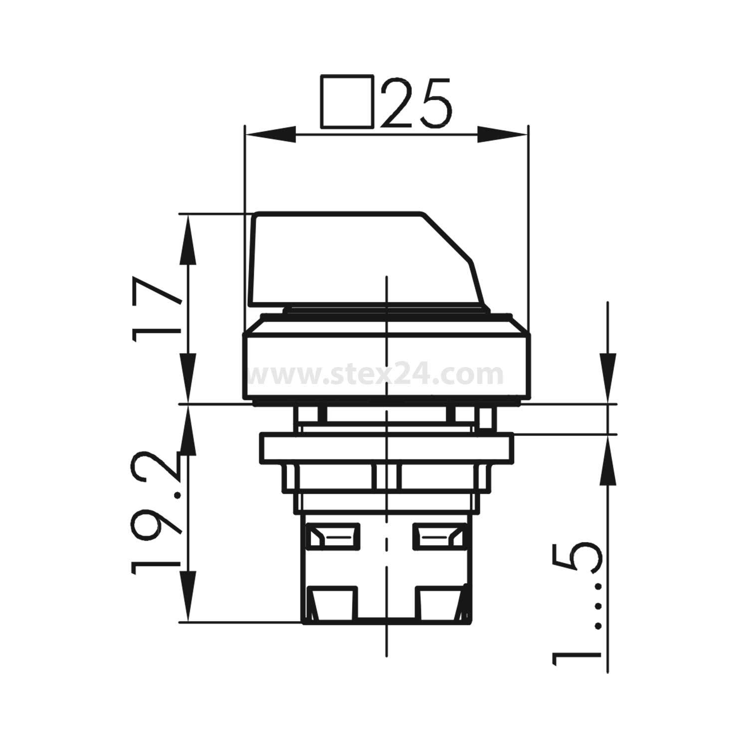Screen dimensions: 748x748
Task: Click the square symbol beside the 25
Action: (347, 102)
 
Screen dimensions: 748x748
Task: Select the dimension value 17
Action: (157, 309)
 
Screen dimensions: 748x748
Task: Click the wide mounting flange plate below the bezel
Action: (386, 449)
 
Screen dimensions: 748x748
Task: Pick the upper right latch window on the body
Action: (439, 536)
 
